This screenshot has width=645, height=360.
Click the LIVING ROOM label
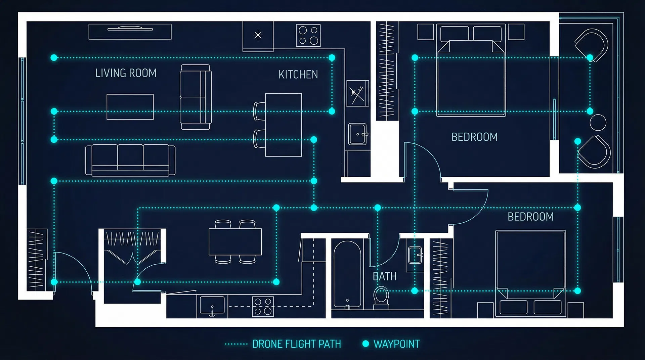tap(126, 73)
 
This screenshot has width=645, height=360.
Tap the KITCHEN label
tap(298, 74)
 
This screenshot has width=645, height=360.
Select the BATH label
tap(385, 276)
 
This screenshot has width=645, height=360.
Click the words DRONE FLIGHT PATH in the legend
tap(296, 344)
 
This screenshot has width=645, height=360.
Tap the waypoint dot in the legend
tap(366, 344)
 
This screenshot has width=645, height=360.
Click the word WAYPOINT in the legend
tap(397, 344)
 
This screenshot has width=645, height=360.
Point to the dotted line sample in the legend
tap(236, 344)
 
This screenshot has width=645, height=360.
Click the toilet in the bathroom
tap(381, 298)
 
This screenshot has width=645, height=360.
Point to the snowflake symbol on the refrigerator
tap(258, 35)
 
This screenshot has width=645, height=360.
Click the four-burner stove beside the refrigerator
tap(308, 35)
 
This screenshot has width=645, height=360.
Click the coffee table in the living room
tap(130, 107)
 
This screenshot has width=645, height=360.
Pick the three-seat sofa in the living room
tap(130, 160)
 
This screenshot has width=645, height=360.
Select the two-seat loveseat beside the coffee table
tap(196, 97)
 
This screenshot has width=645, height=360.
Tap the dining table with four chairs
tap(235, 242)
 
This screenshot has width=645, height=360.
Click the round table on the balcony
tap(598, 123)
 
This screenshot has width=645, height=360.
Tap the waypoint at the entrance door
tap(54, 282)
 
